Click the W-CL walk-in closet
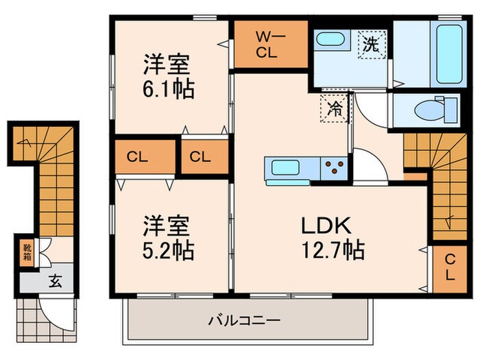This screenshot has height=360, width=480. [267, 45]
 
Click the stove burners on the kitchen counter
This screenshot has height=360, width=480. [334, 168]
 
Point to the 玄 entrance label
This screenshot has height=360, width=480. [53, 280]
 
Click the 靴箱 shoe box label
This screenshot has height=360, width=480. [25, 252]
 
